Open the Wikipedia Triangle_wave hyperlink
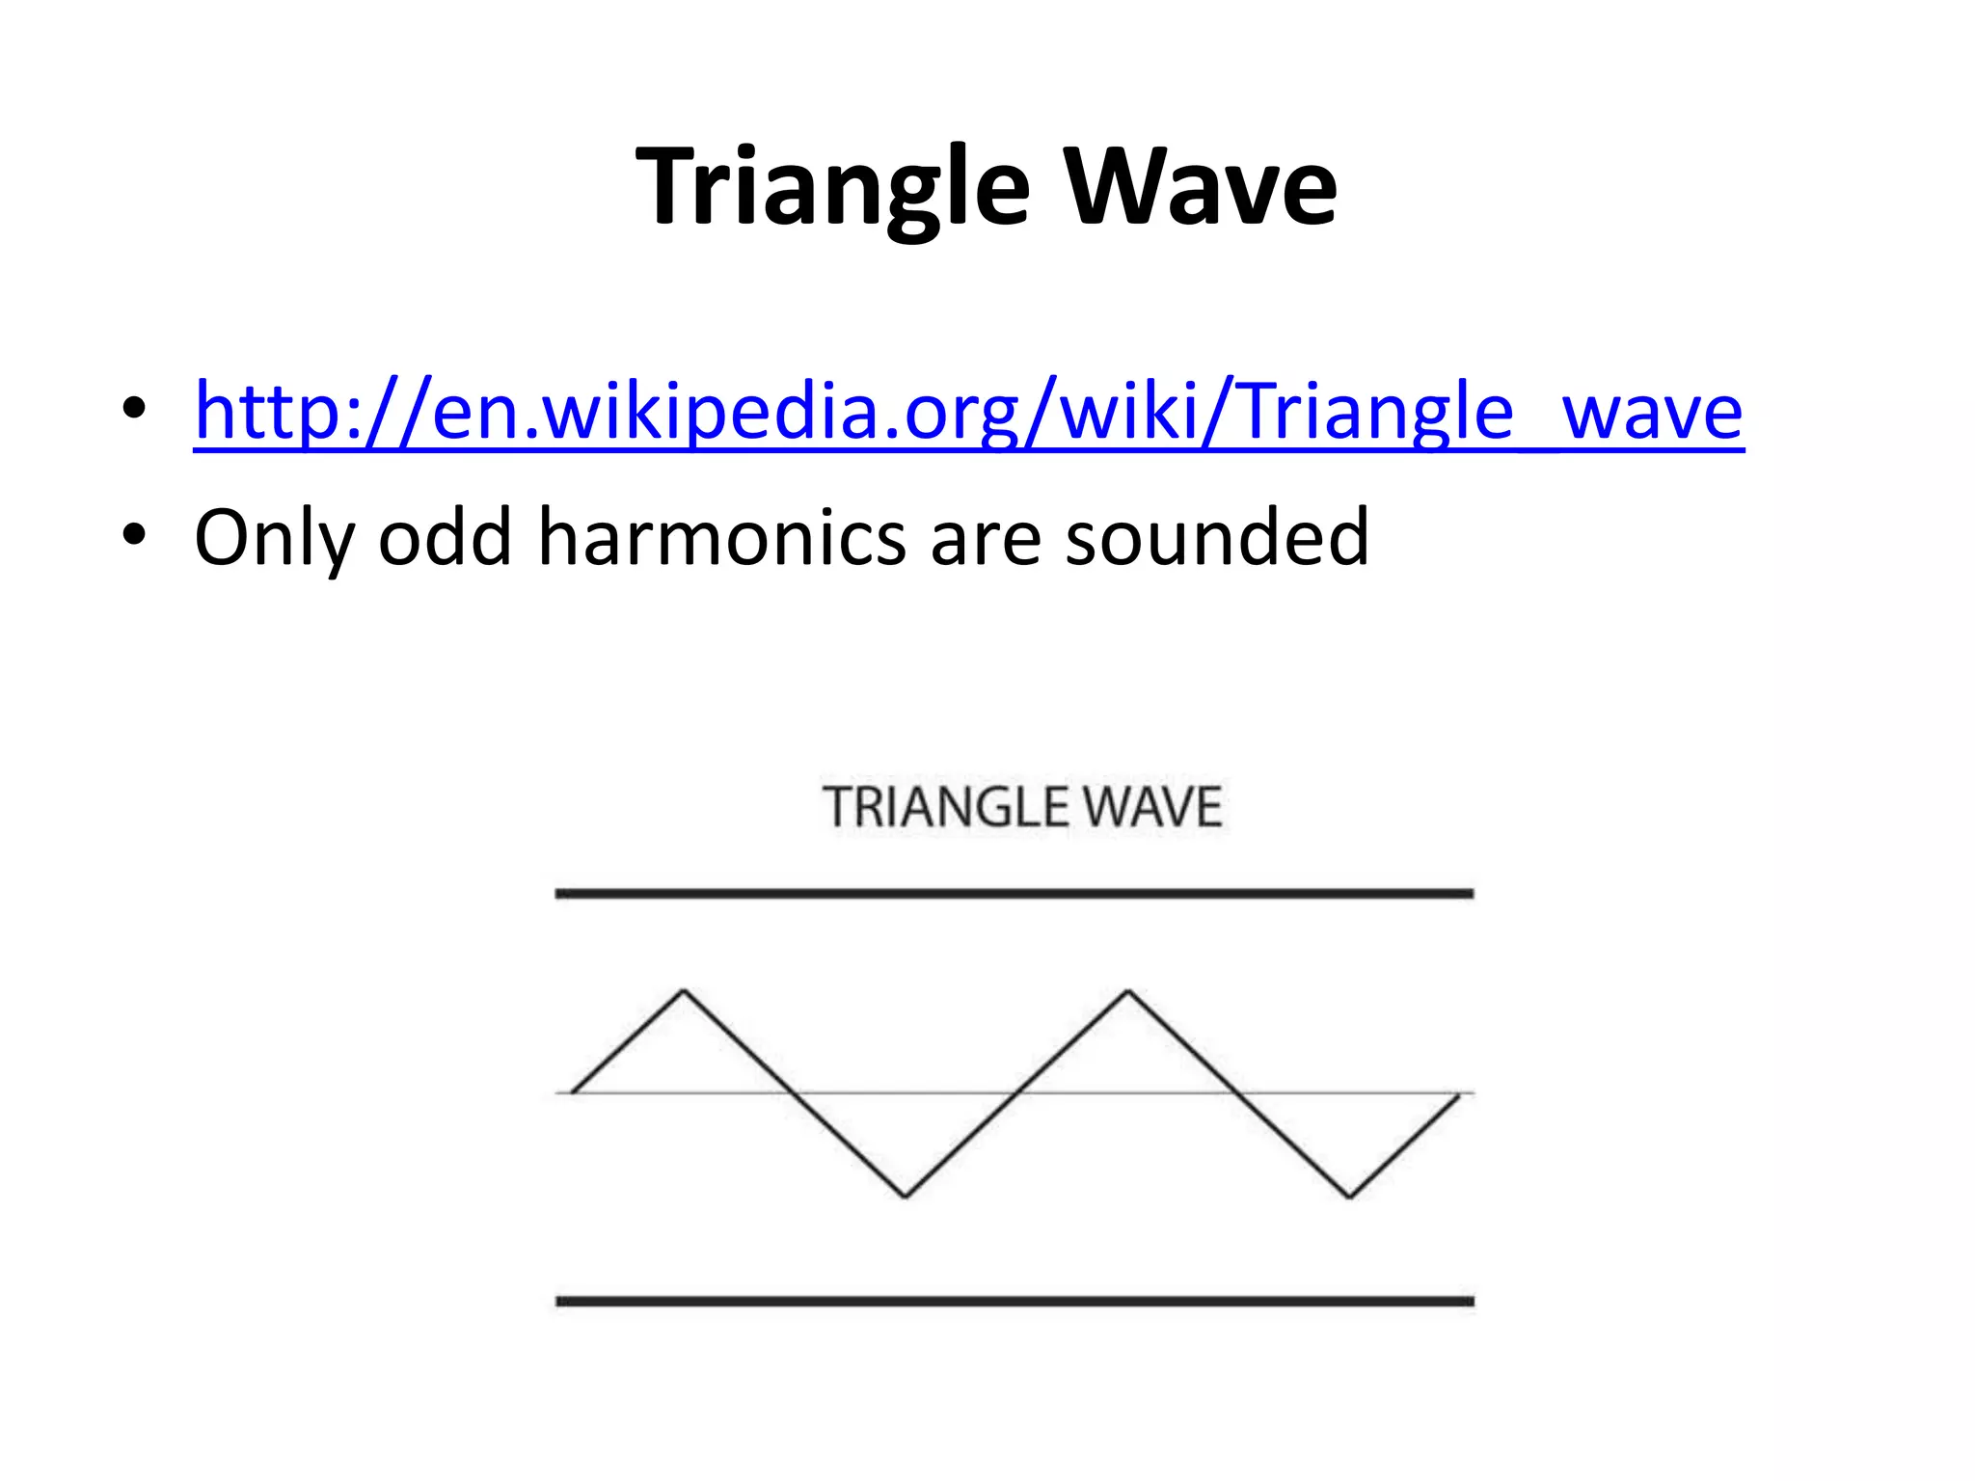click(x=968, y=412)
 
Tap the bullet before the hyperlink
click(x=134, y=409)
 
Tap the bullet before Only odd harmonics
click(x=134, y=535)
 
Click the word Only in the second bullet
click(x=274, y=537)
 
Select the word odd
click(x=445, y=537)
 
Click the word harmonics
click(x=721, y=537)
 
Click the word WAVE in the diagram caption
click(x=1152, y=808)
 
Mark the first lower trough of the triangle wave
click(x=906, y=1197)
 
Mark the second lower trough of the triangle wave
click(x=1349, y=1197)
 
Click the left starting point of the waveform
click(x=574, y=1091)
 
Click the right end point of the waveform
click(x=1457, y=1096)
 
